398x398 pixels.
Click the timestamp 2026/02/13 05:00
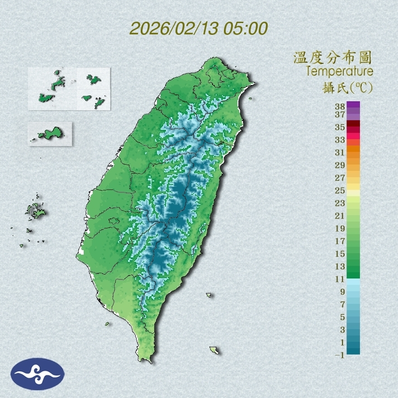(x=199, y=29)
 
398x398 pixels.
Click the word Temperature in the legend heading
(x=340, y=71)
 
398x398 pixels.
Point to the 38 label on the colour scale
(x=340, y=107)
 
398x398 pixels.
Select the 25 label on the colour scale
(x=340, y=190)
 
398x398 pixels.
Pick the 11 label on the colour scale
(x=340, y=279)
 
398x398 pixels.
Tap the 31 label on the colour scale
(x=340, y=152)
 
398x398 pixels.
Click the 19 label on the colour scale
(x=340, y=228)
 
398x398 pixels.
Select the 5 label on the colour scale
(x=342, y=317)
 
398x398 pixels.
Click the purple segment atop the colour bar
(x=353, y=105)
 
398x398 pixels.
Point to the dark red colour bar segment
(x=353, y=123)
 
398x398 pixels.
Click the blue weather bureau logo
(x=38, y=374)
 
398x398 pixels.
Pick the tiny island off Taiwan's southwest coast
(x=108, y=324)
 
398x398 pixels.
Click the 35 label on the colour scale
(x=340, y=127)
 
